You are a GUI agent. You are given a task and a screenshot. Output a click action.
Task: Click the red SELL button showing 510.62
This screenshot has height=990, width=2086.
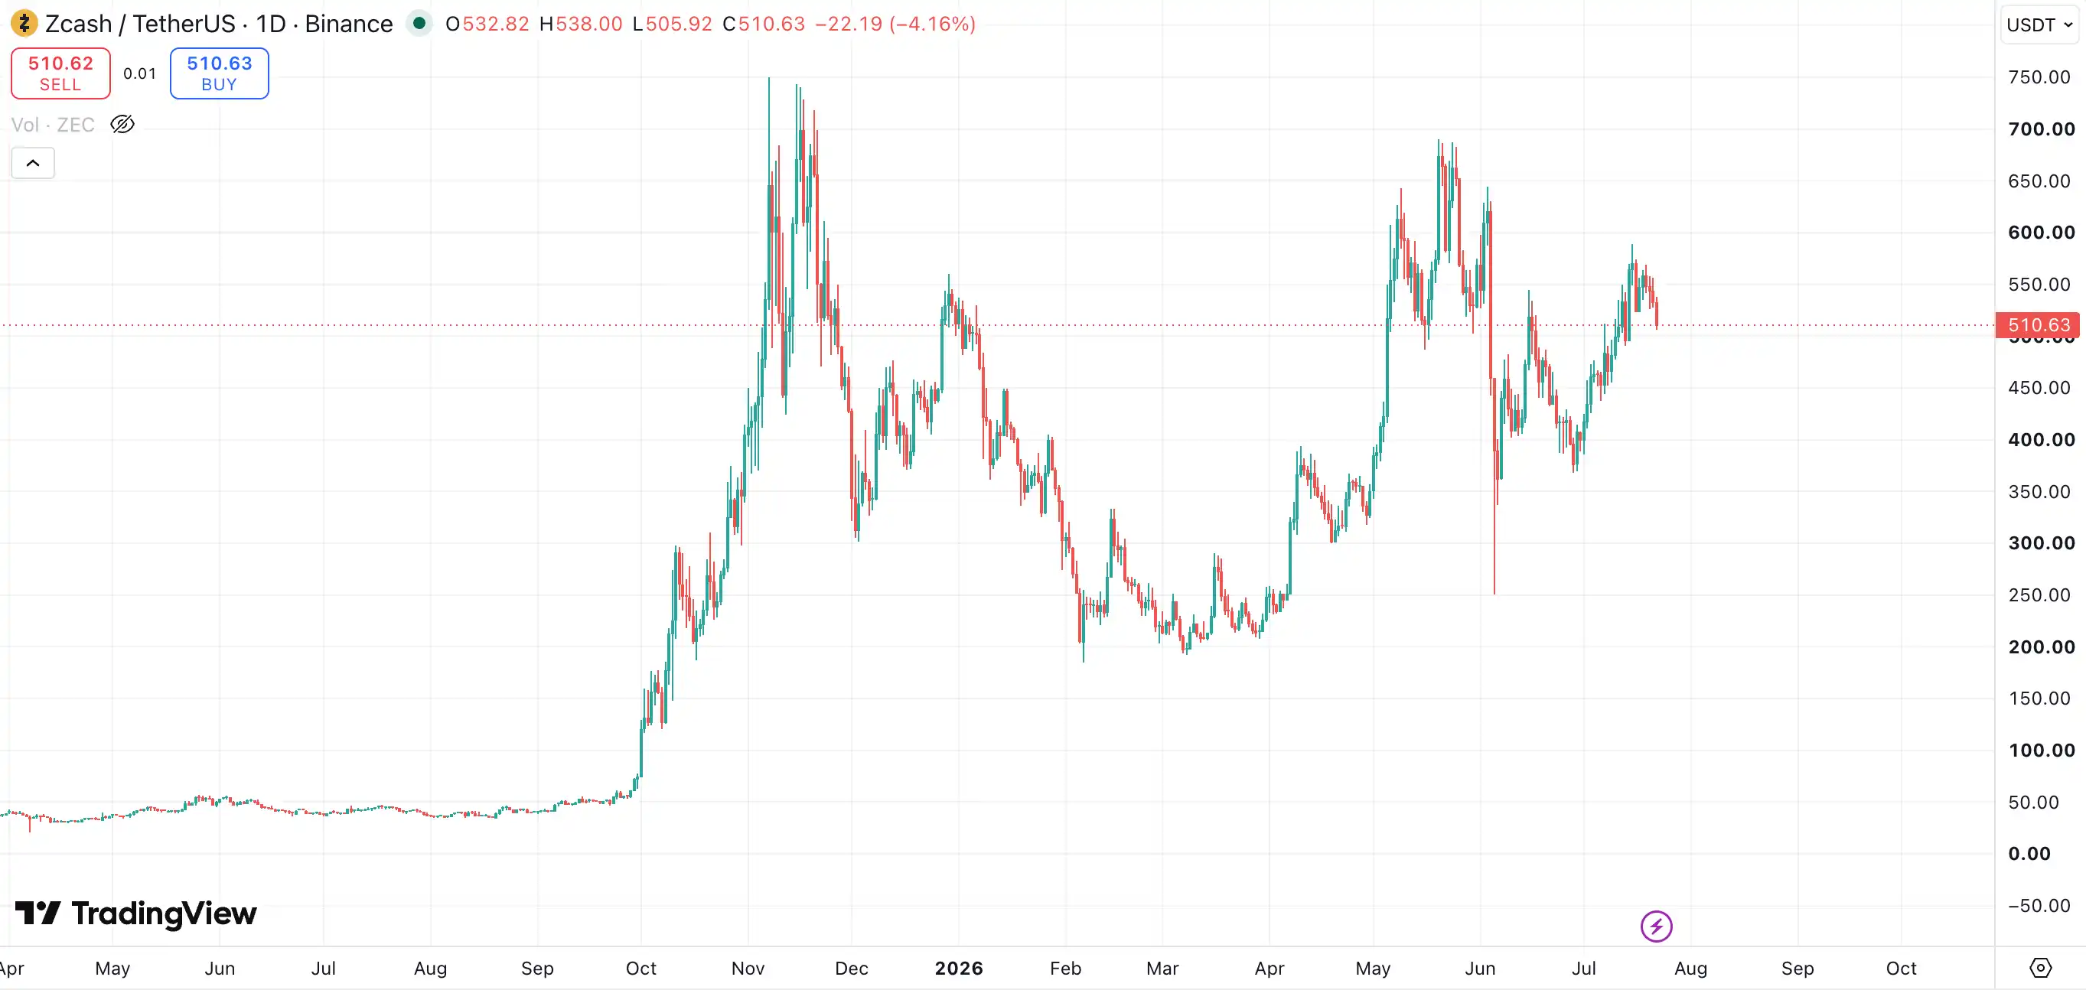coord(60,73)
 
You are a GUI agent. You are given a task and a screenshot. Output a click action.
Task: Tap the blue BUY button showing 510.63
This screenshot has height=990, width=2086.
coord(220,73)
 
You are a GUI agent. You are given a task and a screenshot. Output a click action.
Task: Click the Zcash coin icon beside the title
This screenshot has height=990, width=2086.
coord(24,24)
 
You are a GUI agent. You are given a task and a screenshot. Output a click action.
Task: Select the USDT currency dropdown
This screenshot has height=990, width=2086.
coord(2039,24)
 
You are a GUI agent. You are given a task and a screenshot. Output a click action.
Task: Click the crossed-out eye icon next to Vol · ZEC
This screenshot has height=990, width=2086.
coord(122,125)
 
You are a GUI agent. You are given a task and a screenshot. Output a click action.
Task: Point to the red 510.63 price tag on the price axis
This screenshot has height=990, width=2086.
coord(2038,325)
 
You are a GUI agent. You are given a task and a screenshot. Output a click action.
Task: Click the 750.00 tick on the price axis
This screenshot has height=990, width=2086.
coord(2039,77)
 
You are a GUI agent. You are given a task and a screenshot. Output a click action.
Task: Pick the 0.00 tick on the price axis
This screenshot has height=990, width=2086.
coord(2029,853)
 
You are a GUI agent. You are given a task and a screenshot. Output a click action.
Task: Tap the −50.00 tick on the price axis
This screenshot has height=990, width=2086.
coord(2039,905)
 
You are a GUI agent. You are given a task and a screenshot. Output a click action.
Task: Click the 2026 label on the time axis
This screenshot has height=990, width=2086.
coord(959,968)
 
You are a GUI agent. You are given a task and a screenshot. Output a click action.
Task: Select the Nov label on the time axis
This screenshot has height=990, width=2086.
coord(748,968)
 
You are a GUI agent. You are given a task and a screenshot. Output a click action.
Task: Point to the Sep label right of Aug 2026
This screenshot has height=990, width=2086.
coord(1797,968)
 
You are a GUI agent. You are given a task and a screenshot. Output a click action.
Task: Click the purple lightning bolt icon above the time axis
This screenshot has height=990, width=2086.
coord(1656,926)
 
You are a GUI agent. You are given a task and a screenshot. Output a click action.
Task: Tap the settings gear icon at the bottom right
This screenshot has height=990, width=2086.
coord(2041,967)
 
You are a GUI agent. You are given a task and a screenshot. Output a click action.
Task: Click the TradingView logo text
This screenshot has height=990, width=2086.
coord(164,913)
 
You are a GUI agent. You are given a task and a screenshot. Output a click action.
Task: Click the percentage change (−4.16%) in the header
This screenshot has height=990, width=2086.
coord(932,24)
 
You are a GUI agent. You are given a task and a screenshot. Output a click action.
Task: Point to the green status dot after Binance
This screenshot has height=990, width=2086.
coord(419,23)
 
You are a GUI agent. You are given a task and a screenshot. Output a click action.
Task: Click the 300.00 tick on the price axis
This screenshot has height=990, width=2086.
coord(2042,543)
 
